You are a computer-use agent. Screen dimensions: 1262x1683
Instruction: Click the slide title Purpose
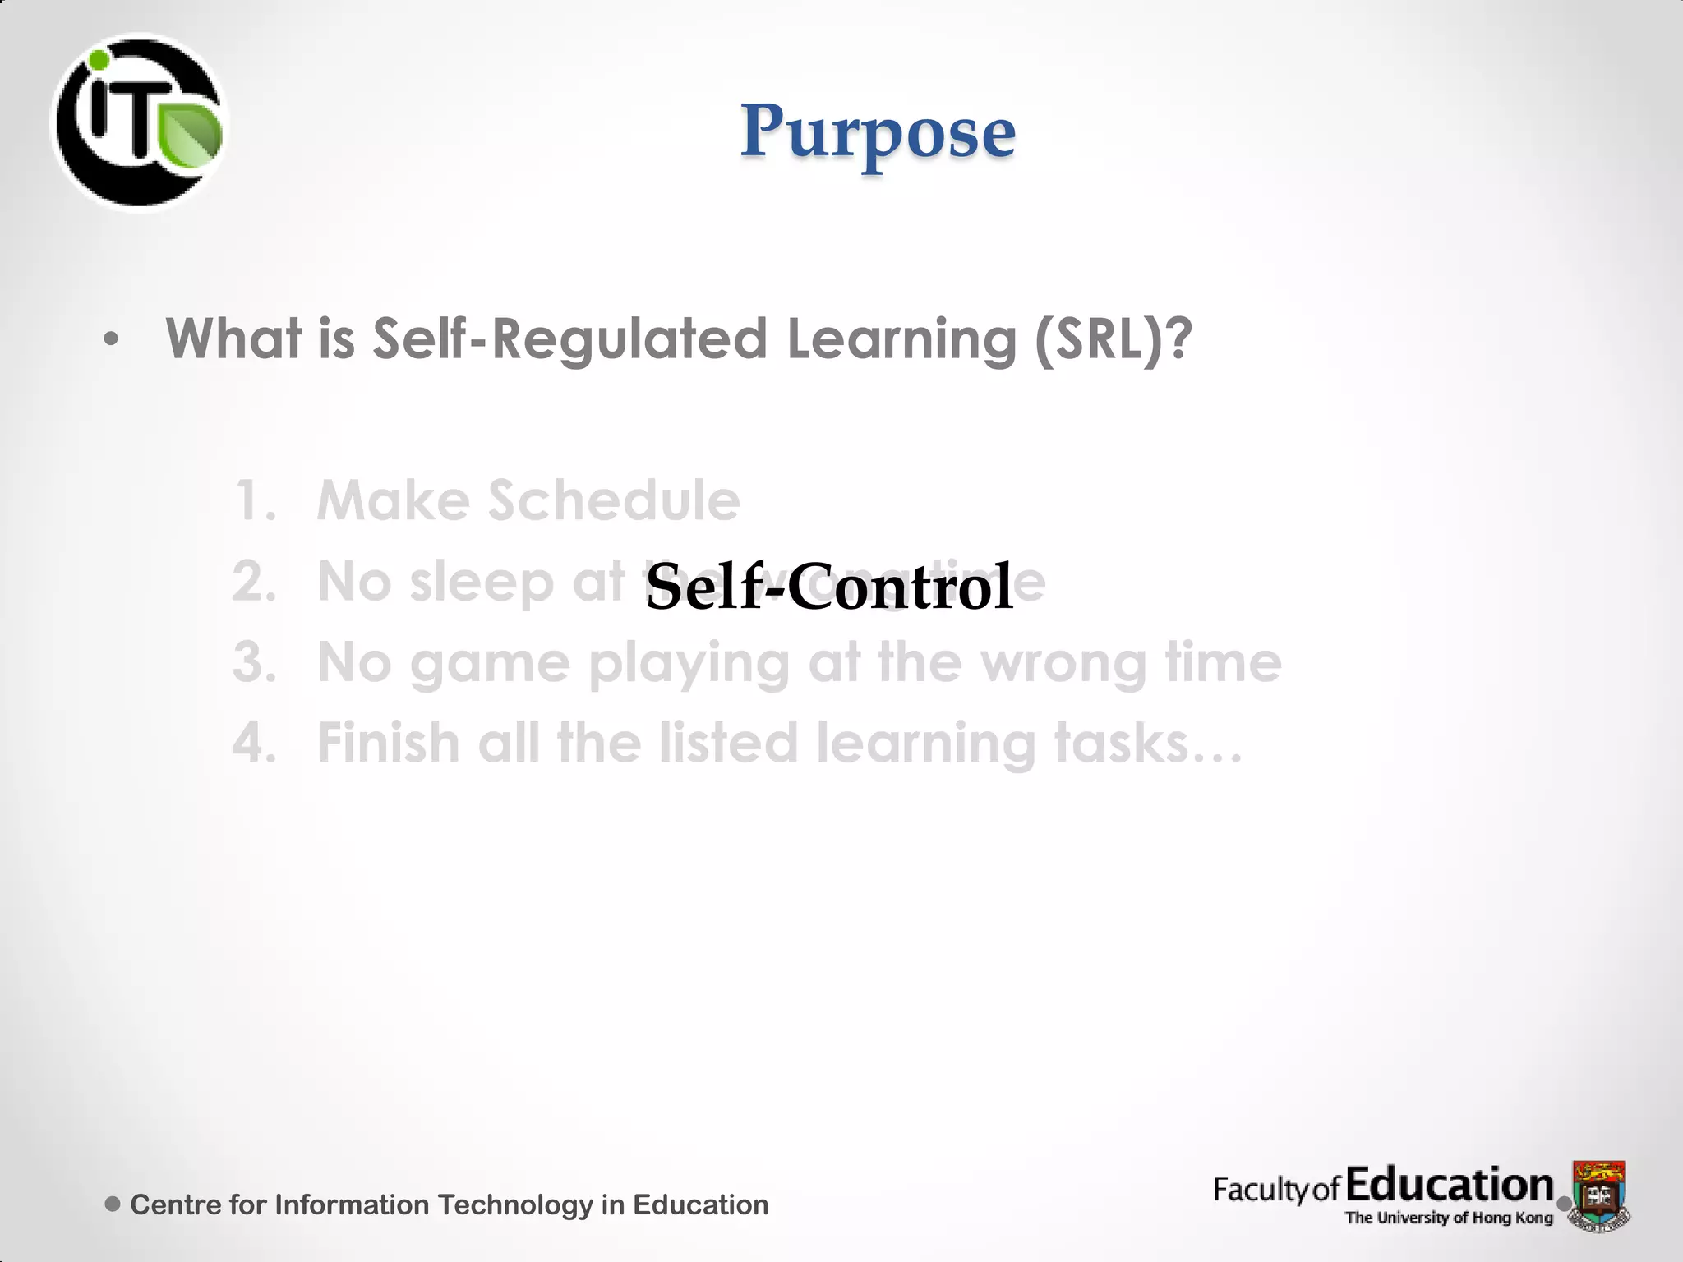878,131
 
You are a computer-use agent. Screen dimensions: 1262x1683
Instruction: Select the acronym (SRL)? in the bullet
1112,339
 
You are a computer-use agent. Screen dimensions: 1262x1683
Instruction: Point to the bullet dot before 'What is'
112,339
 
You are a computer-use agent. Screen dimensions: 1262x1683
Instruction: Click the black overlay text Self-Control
828,587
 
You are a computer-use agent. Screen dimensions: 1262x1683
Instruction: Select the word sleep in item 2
482,583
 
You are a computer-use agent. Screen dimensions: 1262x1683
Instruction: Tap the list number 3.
255,662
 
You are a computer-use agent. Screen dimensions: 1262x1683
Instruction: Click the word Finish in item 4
389,742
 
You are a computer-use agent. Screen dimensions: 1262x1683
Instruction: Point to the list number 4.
255,742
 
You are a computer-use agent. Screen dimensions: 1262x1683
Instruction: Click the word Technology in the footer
514,1204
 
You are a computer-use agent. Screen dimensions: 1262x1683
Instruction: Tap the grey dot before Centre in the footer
113,1204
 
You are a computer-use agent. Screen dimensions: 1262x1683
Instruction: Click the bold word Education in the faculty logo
1450,1185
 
